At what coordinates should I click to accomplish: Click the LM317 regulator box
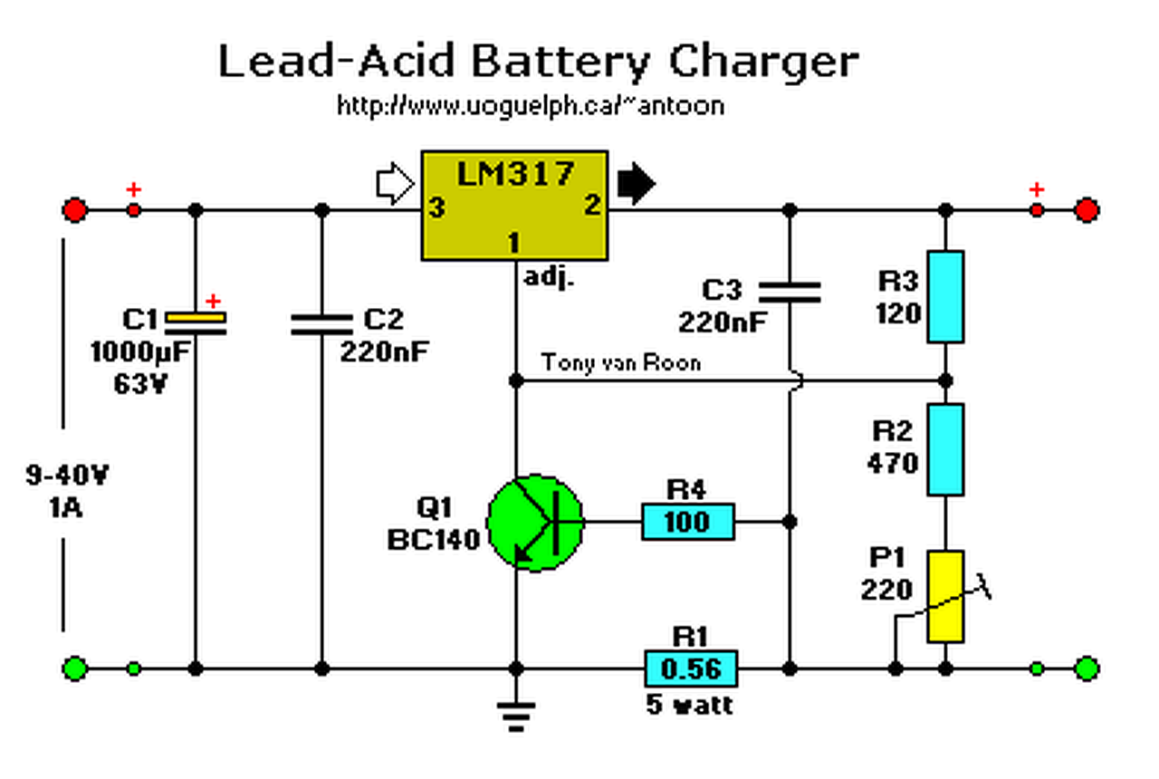[x=514, y=205]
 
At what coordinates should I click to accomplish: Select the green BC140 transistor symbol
[x=535, y=523]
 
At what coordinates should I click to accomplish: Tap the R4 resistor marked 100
[x=688, y=523]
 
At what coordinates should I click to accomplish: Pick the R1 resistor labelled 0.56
[x=690, y=669]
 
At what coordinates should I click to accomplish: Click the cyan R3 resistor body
[x=945, y=296]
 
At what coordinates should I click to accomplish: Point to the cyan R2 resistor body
[x=945, y=449]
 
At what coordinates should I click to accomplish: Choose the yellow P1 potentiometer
[x=945, y=596]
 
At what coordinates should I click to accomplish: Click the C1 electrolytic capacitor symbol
[x=196, y=323]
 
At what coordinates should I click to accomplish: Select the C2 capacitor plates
[x=321, y=324]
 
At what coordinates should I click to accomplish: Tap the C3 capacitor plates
[x=789, y=291]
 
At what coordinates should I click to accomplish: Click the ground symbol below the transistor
[x=516, y=715]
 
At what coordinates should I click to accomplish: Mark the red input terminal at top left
[x=75, y=210]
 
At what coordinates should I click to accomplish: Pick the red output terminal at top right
[x=1087, y=210]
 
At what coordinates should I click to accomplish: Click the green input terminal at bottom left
[x=75, y=669]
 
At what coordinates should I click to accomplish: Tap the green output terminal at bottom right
[x=1087, y=669]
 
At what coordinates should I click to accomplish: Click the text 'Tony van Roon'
[x=621, y=362]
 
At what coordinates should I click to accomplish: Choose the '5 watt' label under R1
[x=690, y=704]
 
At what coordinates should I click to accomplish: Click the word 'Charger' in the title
[x=763, y=63]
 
